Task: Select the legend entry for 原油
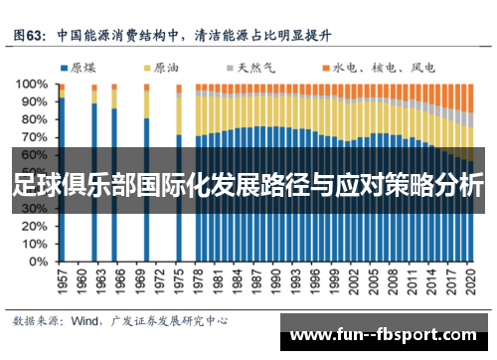160,69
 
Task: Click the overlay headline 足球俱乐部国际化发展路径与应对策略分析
248,184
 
